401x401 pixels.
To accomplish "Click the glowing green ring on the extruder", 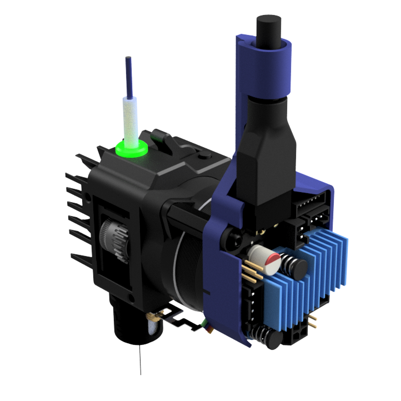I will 132,148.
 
